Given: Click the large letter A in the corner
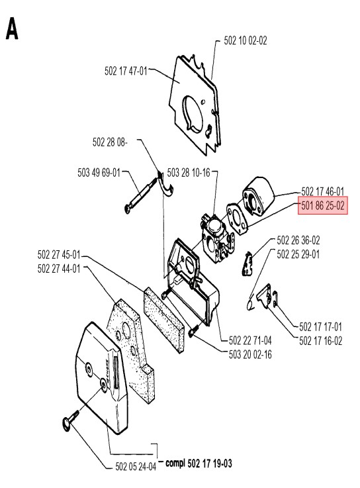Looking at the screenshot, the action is pyautogui.click(x=12, y=28).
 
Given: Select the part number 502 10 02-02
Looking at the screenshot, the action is pyautogui.click(x=246, y=41).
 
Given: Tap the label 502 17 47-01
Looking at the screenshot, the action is pyautogui.click(x=126, y=71).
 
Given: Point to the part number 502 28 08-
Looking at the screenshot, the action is pyautogui.click(x=110, y=142).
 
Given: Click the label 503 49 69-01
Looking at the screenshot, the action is pyautogui.click(x=99, y=172).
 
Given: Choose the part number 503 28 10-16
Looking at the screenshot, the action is pyautogui.click(x=189, y=172).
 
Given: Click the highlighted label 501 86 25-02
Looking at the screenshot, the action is pyautogui.click(x=323, y=206).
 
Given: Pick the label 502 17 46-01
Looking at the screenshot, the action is pyautogui.click(x=323, y=191).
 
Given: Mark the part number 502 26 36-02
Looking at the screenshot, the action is pyautogui.click(x=298, y=240).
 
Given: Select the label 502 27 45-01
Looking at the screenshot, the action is pyautogui.click(x=59, y=254).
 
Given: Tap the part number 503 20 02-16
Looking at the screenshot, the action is pyautogui.click(x=250, y=354).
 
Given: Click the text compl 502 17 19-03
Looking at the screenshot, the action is pyautogui.click(x=199, y=463).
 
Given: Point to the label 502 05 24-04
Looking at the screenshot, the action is pyautogui.click(x=136, y=467).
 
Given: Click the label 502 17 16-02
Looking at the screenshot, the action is pyautogui.click(x=320, y=341).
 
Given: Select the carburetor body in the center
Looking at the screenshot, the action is pyautogui.click(x=216, y=238).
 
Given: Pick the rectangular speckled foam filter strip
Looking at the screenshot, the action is pyautogui.click(x=164, y=320).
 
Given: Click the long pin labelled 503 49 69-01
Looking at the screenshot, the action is pyautogui.click(x=142, y=195).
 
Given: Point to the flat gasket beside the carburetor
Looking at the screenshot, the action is pyautogui.click(x=237, y=219).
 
